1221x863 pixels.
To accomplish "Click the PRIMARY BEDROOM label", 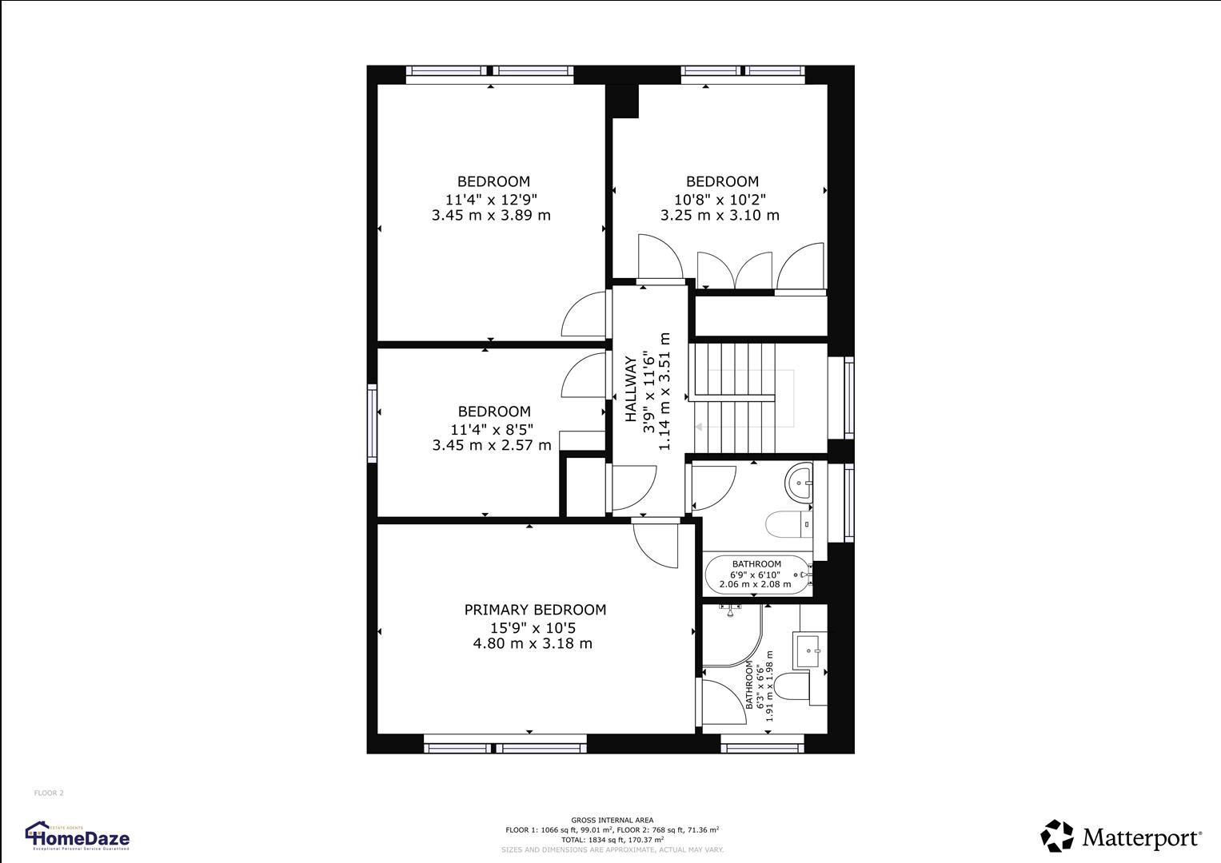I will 535,610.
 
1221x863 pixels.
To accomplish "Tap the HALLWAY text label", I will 631,389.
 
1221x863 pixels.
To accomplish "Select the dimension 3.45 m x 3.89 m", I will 491,215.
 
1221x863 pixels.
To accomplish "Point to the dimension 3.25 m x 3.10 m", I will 720,215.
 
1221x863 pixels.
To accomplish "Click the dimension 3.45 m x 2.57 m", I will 492,445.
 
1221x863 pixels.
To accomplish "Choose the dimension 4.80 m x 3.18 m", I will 533,643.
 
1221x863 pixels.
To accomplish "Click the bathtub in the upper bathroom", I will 756,575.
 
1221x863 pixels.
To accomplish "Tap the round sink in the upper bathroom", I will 800,482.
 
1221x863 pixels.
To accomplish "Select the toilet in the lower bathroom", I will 794,687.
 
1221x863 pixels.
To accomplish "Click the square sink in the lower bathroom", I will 810,651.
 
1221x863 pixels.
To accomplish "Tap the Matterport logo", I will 1120,836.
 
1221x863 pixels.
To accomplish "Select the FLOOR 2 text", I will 49,793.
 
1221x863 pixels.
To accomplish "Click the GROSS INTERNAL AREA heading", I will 612,820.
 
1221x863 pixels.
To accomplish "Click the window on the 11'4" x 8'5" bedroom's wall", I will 372,423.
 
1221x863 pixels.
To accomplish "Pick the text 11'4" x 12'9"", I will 491,199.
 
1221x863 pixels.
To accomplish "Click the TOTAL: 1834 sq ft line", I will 612,840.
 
